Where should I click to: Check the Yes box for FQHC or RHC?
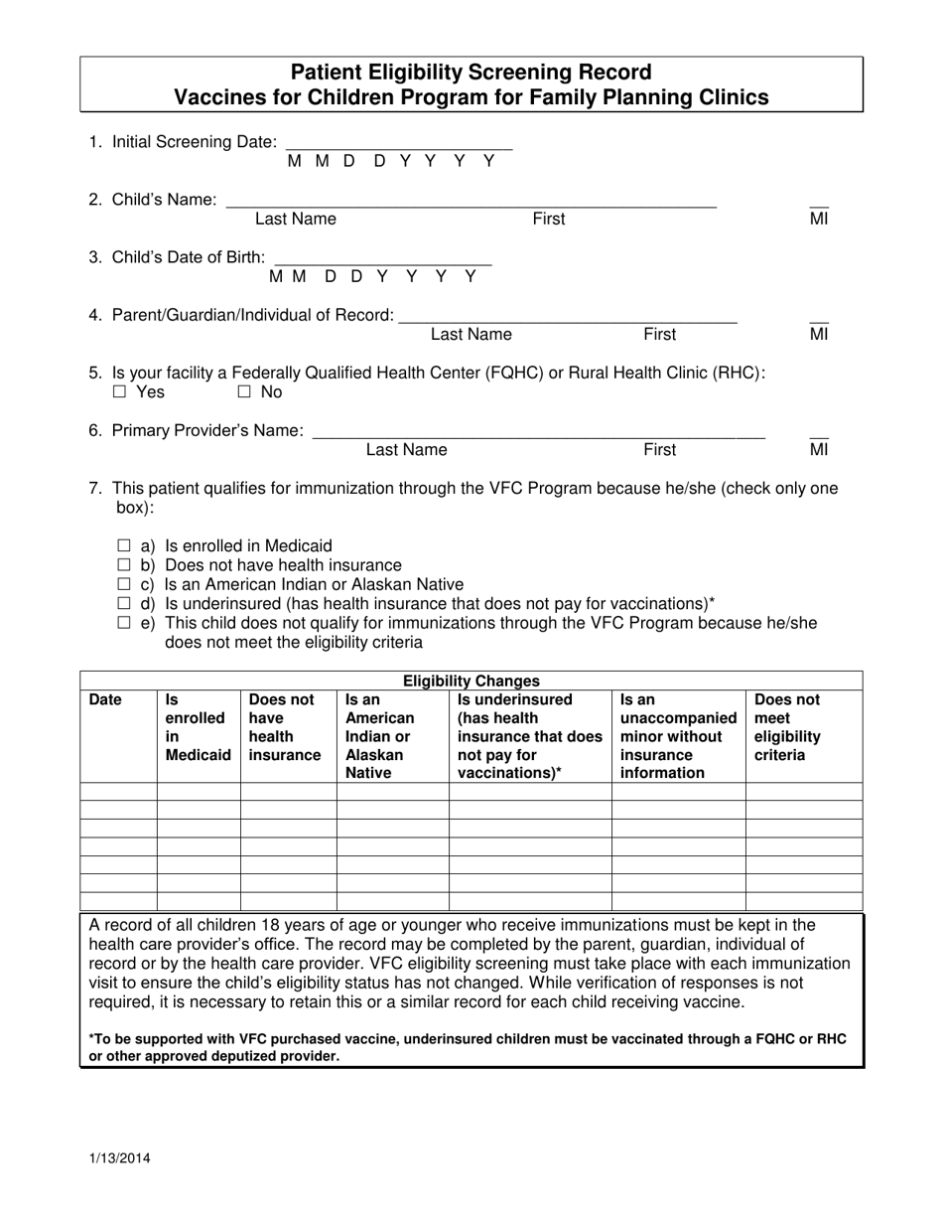120,392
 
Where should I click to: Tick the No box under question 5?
244,392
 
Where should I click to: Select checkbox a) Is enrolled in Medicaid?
124,545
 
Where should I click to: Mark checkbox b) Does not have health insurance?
124,565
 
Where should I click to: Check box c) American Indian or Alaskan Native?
124,584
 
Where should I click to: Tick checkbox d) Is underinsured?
124,603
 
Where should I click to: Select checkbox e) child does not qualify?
124,623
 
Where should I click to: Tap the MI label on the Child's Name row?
819,219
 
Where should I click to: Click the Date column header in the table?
105,699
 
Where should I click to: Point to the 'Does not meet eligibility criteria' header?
788,727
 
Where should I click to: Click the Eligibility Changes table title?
471,681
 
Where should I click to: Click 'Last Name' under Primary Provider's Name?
406,450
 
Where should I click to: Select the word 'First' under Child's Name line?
549,219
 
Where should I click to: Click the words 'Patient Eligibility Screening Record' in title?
471,73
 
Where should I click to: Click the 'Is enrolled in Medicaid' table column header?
197,727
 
